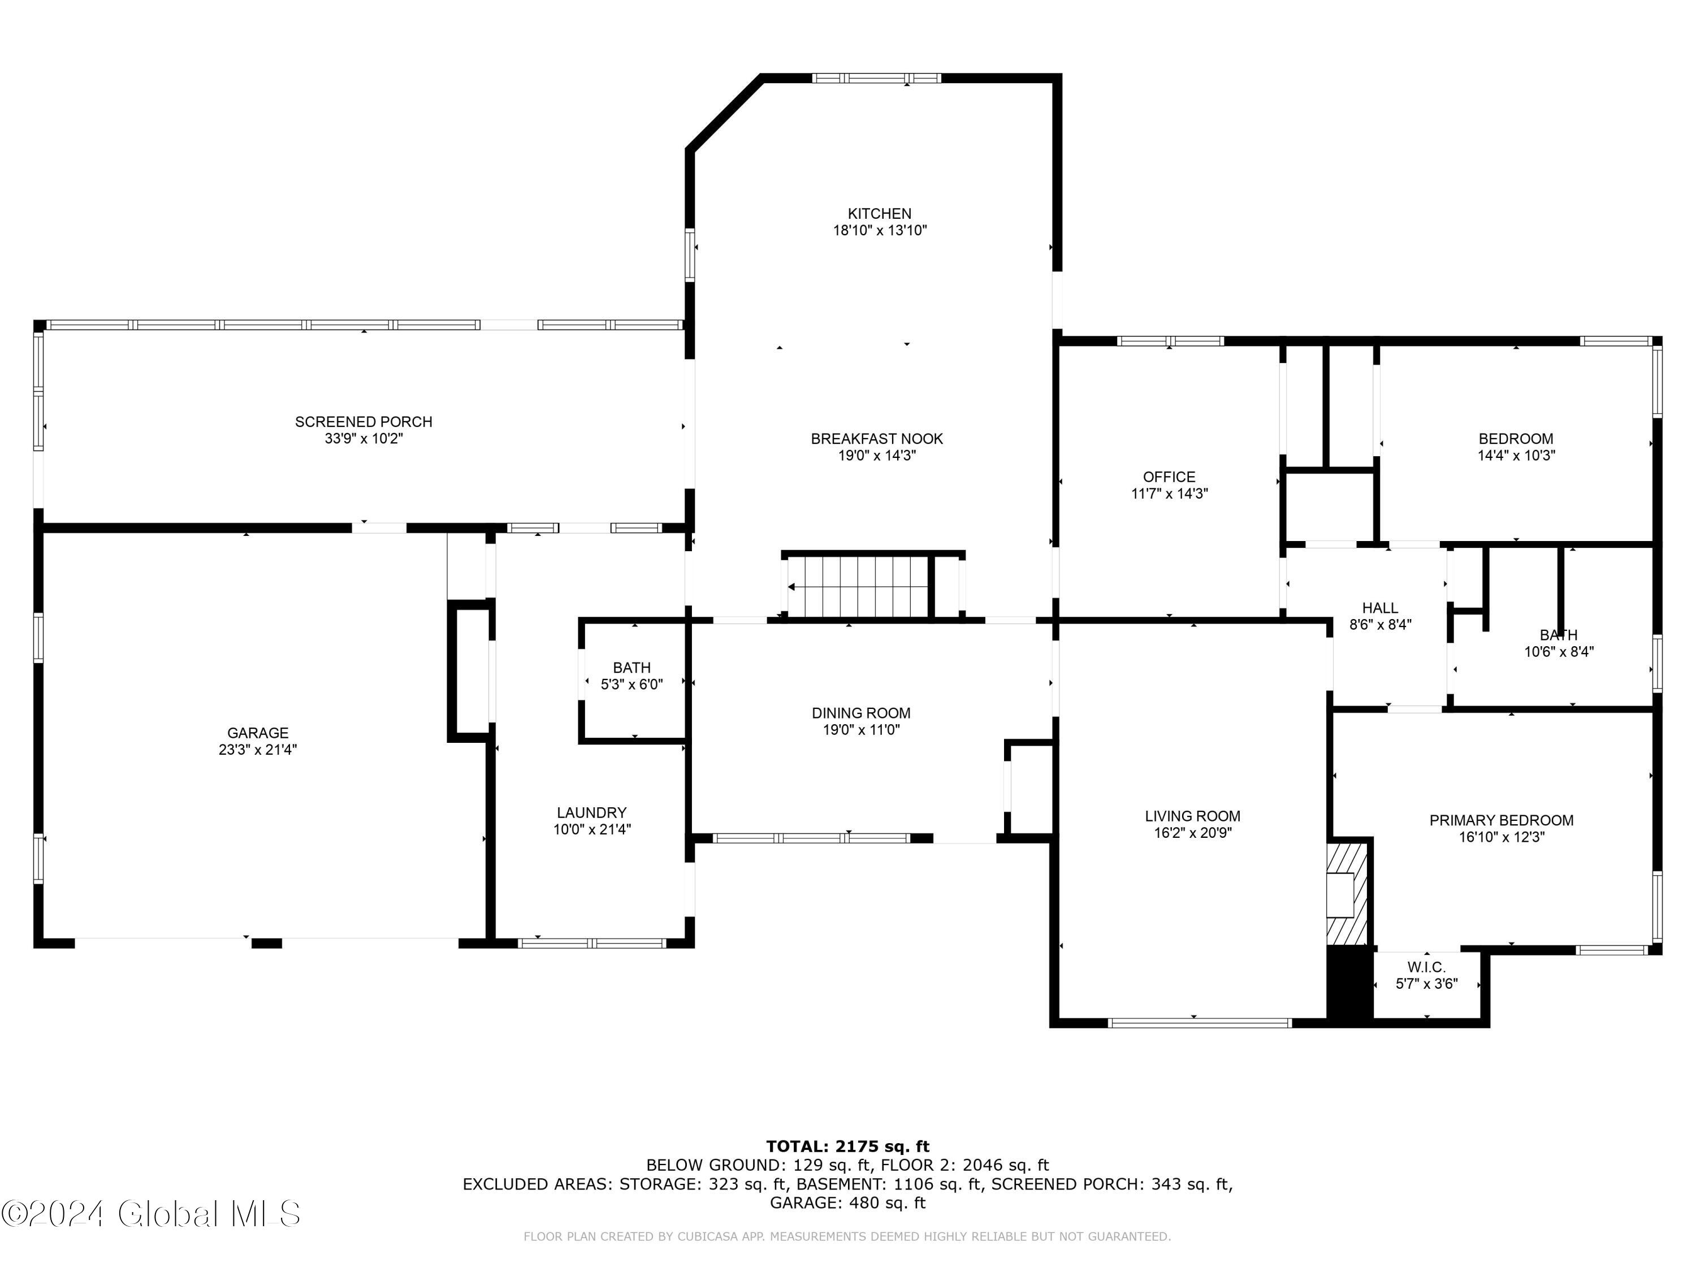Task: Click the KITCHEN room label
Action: (880, 214)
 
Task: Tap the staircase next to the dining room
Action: (856, 587)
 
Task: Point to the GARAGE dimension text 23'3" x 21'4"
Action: (258, 750)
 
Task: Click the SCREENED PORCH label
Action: (364, 422)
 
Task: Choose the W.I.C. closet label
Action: (1426, 968)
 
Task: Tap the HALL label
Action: (1380, 608)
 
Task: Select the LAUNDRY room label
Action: (592, 813)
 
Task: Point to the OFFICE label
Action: (1169, 477)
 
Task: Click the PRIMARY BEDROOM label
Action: (1502, 820)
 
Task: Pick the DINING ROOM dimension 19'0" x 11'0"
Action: (861, 730)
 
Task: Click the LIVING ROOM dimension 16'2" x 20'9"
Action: (1193, 833)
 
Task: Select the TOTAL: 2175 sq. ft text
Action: (848, 1147)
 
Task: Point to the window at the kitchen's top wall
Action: (876, 77)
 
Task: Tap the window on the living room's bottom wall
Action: (1200, 1023)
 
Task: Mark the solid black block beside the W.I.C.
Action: (1349, 985)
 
